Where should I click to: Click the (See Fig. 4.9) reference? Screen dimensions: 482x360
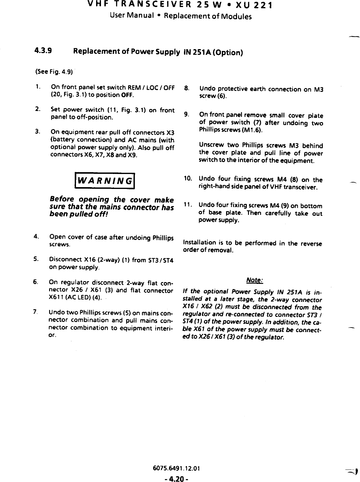[54, 72]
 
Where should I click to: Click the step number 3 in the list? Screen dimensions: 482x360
[37, 132]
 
